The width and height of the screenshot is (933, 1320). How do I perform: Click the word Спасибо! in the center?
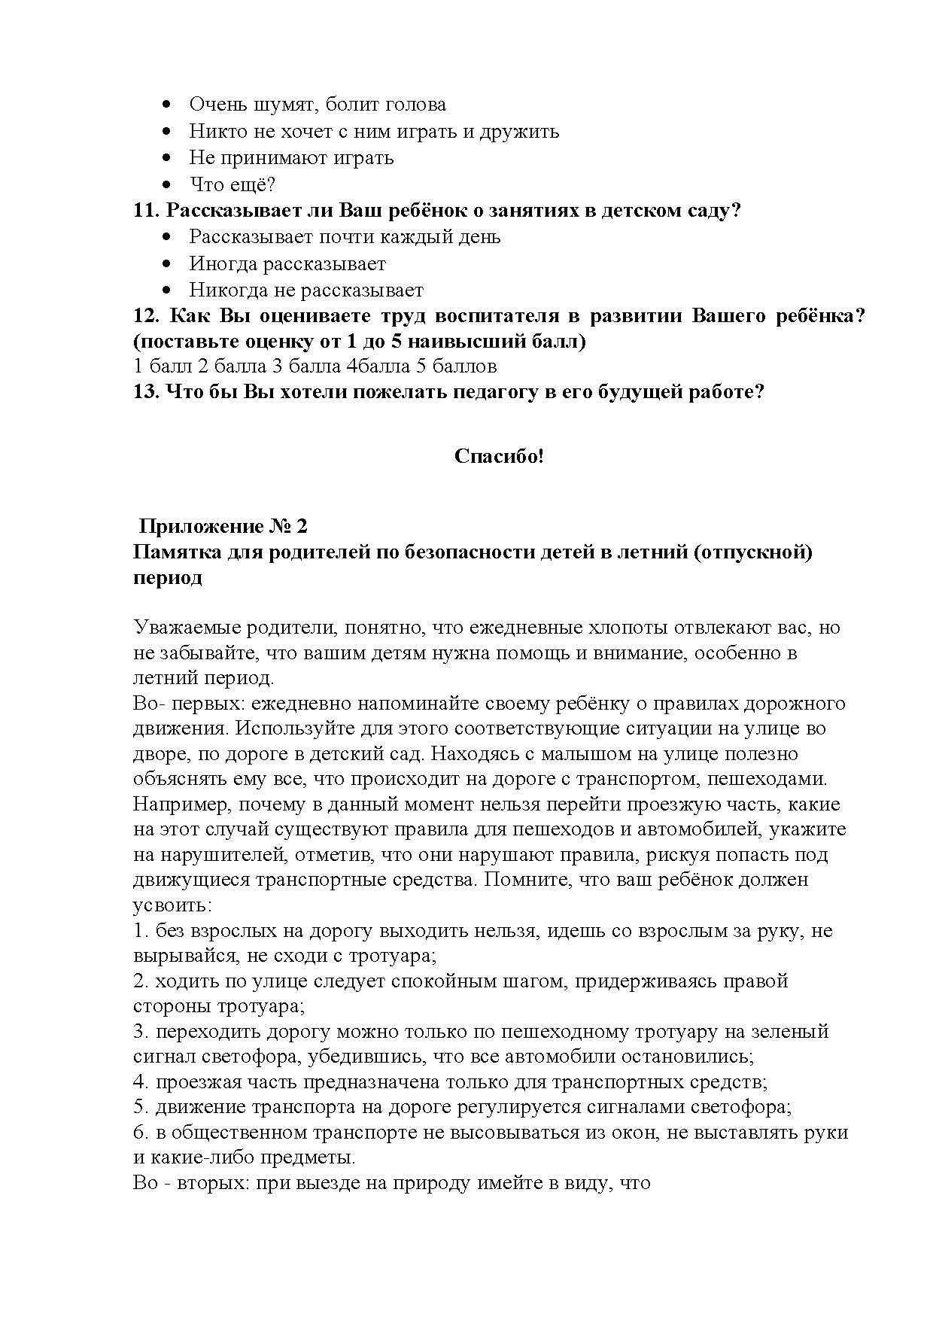[498, 456]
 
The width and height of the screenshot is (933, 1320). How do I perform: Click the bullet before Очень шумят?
[168, 105]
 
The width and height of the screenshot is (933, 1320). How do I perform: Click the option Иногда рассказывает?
[287, 264]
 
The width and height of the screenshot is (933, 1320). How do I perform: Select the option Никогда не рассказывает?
[306, 290]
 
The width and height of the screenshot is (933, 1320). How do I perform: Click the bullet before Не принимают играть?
[168, 158]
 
